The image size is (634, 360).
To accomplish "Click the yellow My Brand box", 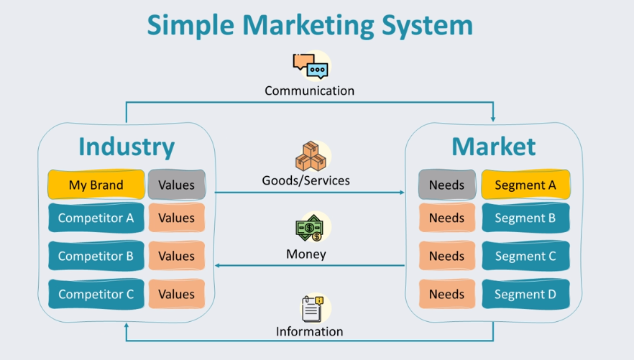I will tap(96, 185).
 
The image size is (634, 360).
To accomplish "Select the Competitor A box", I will tap(96, 218).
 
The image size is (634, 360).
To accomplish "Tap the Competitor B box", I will tap(96, 256).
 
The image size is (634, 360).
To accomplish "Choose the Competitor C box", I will tap(96, 294).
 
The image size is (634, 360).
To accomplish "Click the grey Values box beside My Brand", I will tap(176, 185).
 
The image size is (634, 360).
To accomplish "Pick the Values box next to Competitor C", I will tap(176, 294).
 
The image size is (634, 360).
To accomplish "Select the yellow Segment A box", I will tap(525, 185).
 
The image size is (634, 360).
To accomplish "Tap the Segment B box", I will tap(525, 218).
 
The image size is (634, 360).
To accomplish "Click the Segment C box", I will tap(525, 256).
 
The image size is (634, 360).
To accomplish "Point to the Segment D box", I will tap(525, 294).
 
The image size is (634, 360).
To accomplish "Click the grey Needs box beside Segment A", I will tap(446, 185).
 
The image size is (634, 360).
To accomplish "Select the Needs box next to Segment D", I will tap(446, 294).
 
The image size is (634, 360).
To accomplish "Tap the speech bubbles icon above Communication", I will tap(310, 66).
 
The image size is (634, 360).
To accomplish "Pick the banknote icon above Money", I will tap(310, 229).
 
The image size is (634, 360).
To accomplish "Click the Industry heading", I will tap(127, 146).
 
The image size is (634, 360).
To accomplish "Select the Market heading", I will tap(493, 146).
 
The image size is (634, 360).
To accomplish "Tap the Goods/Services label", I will tap(305, 180).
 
